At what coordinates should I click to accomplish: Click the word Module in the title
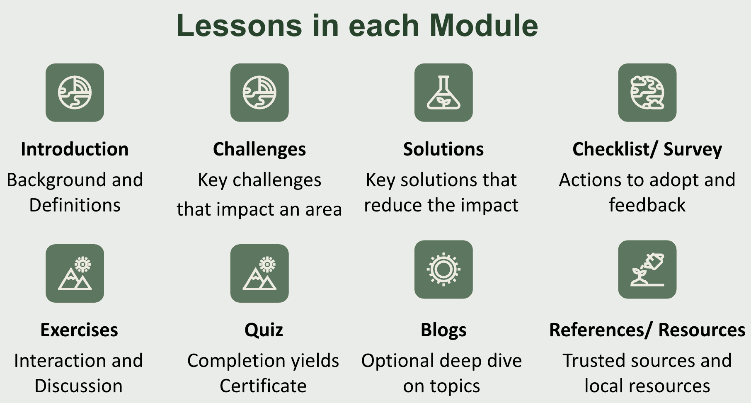483,26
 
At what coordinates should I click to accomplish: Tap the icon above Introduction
75,92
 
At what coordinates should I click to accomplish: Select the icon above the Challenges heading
259,92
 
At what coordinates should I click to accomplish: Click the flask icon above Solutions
443,92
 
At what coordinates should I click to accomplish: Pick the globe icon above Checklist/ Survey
647,92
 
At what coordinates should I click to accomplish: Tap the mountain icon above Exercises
75,273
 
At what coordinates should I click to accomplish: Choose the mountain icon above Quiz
259,273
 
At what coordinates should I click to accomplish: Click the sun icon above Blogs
443,269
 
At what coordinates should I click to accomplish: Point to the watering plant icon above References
647,269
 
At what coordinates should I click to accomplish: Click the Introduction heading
75,149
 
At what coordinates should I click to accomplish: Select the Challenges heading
259,149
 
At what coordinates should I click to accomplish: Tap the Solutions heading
443,149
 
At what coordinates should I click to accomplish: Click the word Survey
693,149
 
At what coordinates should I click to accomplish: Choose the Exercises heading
79,330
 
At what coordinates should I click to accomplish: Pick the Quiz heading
264,330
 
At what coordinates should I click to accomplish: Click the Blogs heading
443,330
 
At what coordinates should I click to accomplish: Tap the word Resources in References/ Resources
702,330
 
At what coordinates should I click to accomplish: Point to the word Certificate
263,386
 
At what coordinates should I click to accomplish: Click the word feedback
647,205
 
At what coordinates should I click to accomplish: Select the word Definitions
75,205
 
